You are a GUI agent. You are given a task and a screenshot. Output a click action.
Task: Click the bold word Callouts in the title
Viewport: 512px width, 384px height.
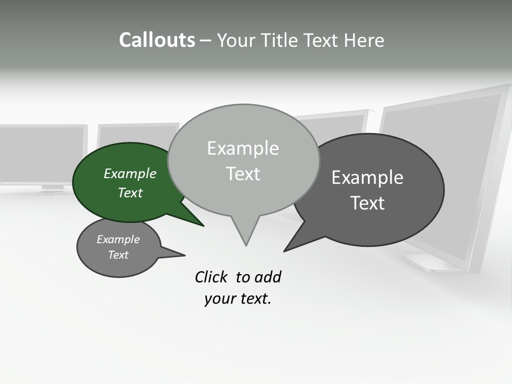[x=157, y=40]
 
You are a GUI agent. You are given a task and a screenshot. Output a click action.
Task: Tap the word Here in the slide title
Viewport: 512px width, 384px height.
[x=364, y=40]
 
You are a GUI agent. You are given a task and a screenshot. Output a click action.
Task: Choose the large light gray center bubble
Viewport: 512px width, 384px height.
[x=243, y=160]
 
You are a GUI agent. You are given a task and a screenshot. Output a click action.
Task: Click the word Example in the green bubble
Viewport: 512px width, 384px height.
[x=130, y=174]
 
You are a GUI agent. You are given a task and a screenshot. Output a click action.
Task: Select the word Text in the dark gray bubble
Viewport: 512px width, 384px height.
[x=367, y=203]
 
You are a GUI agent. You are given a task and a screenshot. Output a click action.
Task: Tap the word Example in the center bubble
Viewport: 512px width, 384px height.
[x=243, y=148]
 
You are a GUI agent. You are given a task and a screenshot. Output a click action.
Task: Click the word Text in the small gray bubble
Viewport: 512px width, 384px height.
[x=118, y=255]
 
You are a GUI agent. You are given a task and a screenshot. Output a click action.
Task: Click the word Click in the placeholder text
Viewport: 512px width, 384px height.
[x=212, y=277]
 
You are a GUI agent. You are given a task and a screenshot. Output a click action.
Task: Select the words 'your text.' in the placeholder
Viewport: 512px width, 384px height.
[x=238, y=299]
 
